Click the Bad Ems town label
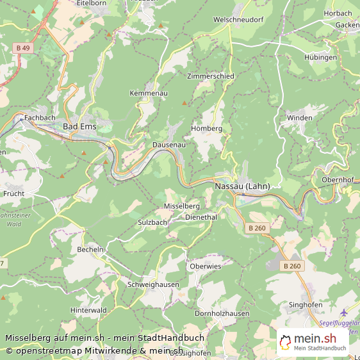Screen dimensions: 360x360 tap(79, 127)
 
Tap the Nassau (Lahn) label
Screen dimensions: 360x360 tap(243, 186)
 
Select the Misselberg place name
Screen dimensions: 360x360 tap(182, 206)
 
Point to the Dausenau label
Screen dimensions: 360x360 tap(169, 145)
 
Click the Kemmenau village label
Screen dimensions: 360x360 tap(148, 94)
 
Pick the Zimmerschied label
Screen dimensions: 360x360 tap(211, 76)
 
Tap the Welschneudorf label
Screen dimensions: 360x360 tap(238, 20)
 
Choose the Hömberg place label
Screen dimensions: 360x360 tap(207, 129)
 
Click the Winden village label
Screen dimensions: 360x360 tap(300, 118)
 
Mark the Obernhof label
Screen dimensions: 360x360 tap(338, 179)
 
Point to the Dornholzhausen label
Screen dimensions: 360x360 tap(222, 313)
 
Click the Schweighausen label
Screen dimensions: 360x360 tap(154, 284)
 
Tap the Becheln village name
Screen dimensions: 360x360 tap(90, 249)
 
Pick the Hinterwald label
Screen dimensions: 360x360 tap(88, 309)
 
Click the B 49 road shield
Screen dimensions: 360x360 tap(23, 48)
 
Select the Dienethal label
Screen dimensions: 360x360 tap(201, 217)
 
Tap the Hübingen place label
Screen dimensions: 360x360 tap(320, 58)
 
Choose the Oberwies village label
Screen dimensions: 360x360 tap(206, 266)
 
